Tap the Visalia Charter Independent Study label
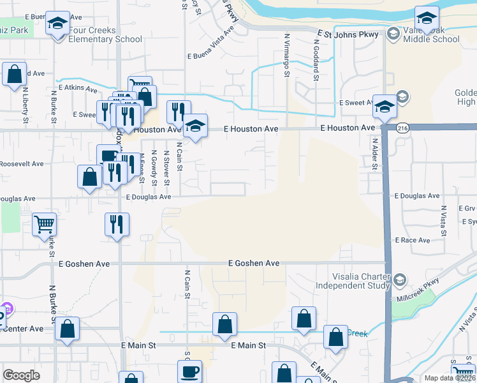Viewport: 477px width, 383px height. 361,281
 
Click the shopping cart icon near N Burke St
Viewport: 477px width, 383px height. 44,225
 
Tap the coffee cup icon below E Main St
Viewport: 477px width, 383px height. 190,372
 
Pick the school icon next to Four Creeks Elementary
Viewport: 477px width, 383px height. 58,24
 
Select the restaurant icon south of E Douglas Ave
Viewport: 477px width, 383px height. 116,224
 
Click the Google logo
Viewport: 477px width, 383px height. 22,375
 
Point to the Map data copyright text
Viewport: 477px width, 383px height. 450,378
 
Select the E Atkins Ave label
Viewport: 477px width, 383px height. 77,87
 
